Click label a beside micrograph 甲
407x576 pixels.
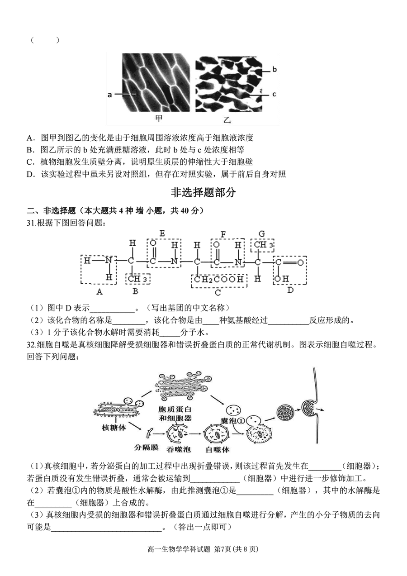(109, 95)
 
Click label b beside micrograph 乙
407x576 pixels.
(274, 70)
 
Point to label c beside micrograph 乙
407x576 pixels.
(274, 94)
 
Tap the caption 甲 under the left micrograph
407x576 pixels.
(159, 119)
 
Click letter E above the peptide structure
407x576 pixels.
(162, 233)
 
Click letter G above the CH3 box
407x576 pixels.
(261, 233)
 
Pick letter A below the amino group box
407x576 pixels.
(99, 291)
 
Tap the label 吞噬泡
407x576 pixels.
(176, 449)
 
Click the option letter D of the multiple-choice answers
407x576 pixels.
(31, 174)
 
